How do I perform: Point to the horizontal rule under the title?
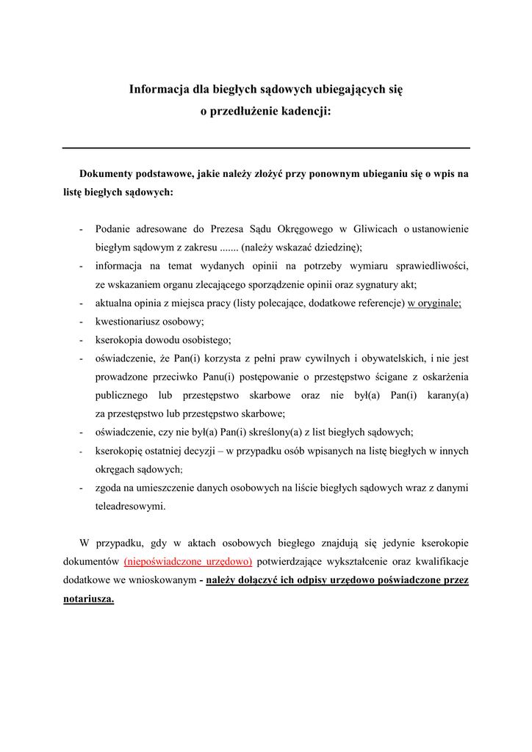pyautogui.click(x=266, y=148)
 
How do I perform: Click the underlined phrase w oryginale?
pyautogui.click(x=434, y=303)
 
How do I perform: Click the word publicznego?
pyautogui.click(x=124, y=395)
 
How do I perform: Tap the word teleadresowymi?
pyautogui.click(x=130, y=506)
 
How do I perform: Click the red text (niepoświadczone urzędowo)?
pyautogui.click(x=188, y=562)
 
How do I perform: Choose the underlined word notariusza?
pyautogui.click(x=88, y=599)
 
